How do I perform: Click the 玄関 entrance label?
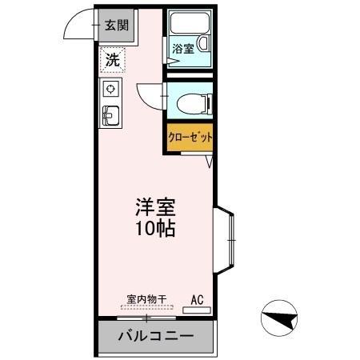[115, 25]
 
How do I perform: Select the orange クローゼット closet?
[190, 138]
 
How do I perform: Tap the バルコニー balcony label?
[156, 336]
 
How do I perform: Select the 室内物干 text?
[146, 300]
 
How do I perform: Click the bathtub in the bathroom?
[189, 25]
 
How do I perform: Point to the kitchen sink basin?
[110, 116]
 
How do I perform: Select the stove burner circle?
[111, 87]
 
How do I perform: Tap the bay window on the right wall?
[226, 237]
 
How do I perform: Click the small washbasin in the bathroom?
[203, 46]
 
